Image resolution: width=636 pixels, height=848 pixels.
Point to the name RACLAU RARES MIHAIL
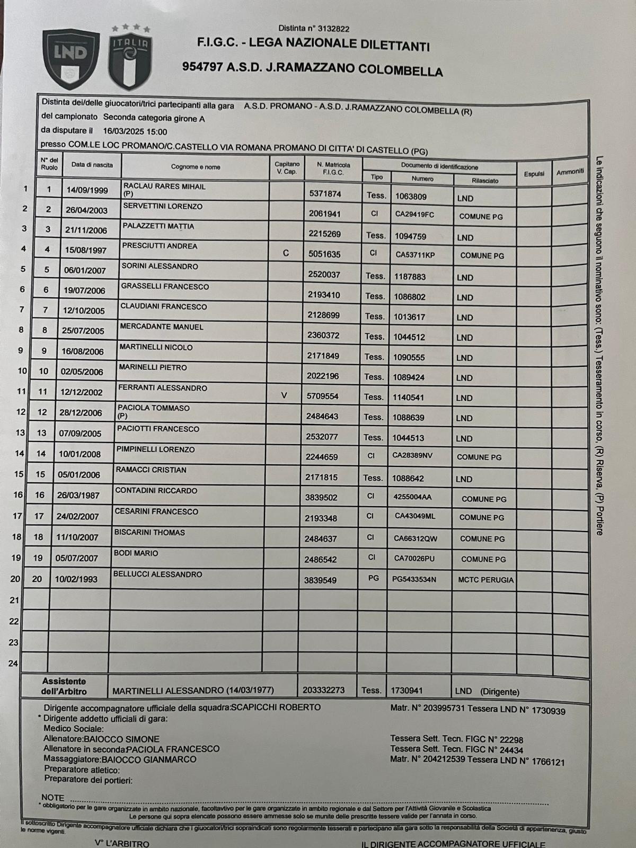[164, 187]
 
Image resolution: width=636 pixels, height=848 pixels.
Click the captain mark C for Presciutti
[286, 253]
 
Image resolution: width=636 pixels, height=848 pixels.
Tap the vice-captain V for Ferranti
[284, 395]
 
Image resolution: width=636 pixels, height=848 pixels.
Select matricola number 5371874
[325, 194]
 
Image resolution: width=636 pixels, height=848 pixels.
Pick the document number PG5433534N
[414, 579]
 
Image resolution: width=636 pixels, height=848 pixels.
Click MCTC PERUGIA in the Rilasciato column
[485, 580]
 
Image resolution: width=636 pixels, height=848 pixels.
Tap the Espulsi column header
[534, 174]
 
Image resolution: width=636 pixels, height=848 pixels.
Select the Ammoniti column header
[570, 172]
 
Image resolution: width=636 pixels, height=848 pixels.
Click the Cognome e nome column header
[195, 167]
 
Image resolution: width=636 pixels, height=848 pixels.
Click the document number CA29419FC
[414, 215]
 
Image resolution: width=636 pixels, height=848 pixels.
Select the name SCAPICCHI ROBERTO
[276, 707]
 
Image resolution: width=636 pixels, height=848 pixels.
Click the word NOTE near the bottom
[52, 798]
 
